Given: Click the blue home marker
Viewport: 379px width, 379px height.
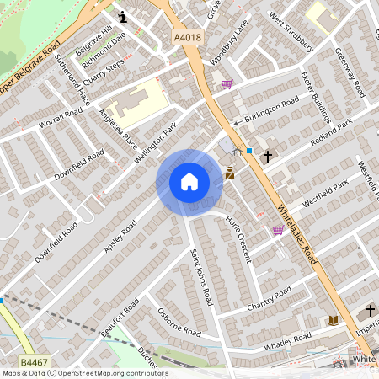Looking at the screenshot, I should [x=189, y=182].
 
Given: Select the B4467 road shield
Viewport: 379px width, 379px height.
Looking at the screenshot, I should [x=34, y=361].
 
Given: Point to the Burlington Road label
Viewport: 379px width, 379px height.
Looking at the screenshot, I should [x=271, y=109].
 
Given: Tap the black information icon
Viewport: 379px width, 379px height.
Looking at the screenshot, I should [x=123, y=16].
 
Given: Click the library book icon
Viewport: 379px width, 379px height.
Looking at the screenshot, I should [x=333, y=320].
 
